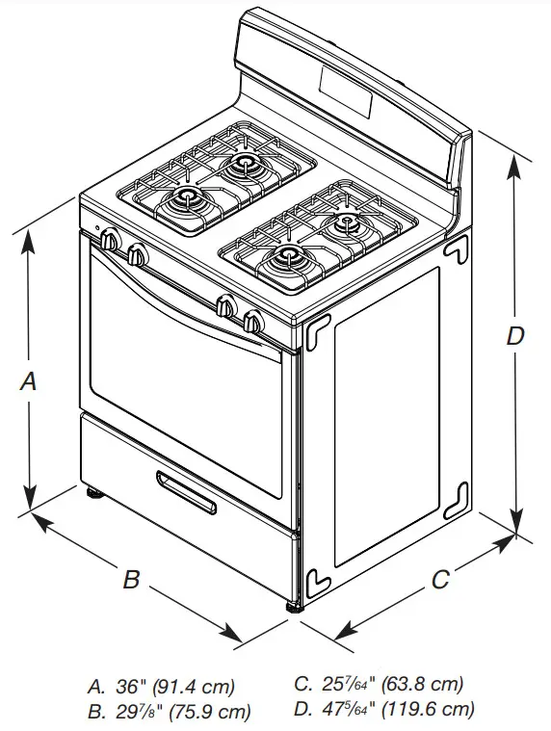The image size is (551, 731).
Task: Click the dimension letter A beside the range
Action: (29, 381)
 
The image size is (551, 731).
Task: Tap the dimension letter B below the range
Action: (131, 580)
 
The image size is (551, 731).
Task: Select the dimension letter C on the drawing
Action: (439, 580)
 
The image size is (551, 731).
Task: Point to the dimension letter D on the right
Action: (516, 336)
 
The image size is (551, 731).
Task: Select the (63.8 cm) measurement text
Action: (423, 686)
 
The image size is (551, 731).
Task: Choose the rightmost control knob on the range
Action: (253, 323)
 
